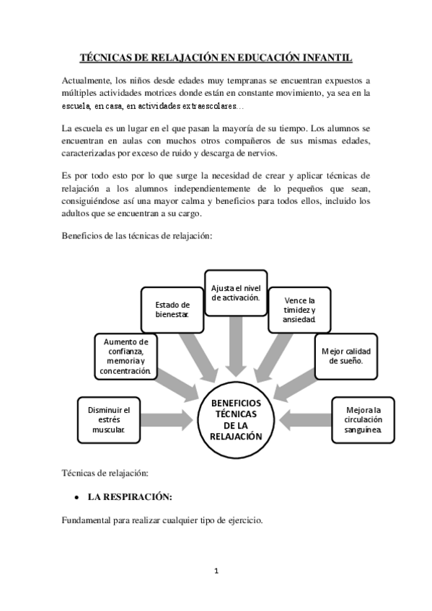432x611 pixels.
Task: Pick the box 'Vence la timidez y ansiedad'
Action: click(x=300, y=310)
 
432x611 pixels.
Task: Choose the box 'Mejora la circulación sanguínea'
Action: click(x=363, y=419)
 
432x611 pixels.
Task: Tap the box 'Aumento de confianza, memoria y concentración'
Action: click(x=126, y=356)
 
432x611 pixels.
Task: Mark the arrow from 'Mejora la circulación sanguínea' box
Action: click(x=307, y=419)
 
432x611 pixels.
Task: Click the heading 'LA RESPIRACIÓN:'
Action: click(x=130, y=497)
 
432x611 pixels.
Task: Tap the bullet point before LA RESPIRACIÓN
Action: click(x=76, y=498)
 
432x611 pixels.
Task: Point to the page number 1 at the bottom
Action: click(x=216, y=571)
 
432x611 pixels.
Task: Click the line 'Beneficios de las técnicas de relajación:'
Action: click(x=137, y=237)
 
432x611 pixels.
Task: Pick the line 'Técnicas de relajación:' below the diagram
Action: click(x=105, y=473)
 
